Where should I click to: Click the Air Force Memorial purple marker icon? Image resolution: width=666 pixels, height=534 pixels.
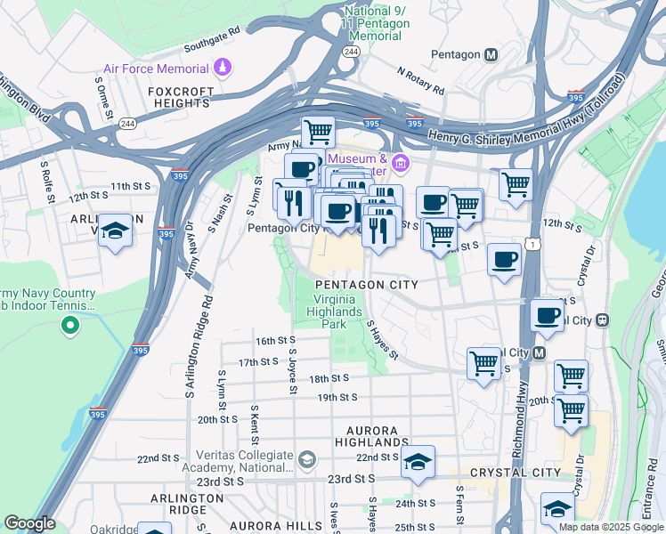point(223,68)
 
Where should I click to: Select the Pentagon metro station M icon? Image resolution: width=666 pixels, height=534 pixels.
point(491,54)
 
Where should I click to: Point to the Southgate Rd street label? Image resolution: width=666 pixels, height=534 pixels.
point(212,37)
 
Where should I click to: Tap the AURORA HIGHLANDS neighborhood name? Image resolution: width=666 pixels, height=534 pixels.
point(373,435)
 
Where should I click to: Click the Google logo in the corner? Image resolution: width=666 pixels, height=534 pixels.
point(29,523)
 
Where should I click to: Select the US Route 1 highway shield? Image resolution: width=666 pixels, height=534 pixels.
point(532,244)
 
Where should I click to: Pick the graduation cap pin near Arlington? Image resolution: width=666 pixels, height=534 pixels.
point(114,231)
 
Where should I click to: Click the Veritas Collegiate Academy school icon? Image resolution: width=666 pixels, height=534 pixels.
point(307,459)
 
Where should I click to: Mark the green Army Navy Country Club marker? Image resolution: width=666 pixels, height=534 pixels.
point(69,327)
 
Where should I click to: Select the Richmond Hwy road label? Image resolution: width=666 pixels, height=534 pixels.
point(520,414)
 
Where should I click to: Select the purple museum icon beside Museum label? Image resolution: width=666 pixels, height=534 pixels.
point(400,163)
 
